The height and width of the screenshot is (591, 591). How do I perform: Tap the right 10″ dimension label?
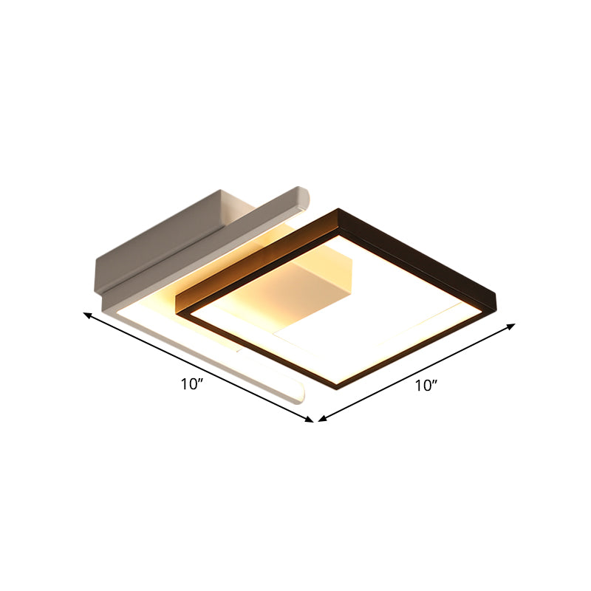pos(426,385)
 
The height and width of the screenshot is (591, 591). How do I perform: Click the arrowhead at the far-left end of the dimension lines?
pos(86,315)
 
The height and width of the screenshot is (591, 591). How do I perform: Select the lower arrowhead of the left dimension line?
pos(310,420)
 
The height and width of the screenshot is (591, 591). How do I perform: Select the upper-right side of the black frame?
pos(421,255)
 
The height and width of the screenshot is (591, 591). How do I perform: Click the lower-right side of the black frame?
pos(421,347)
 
